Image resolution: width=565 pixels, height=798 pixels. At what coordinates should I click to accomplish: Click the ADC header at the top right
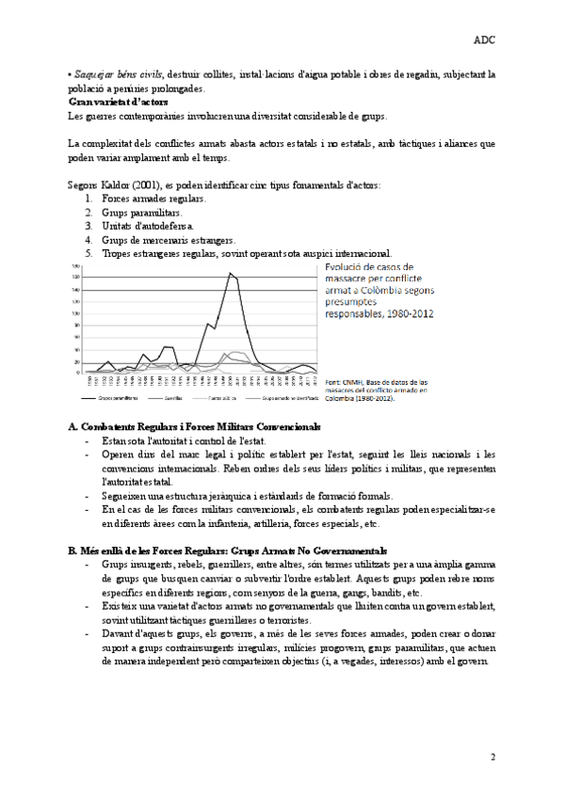(x=486, y=41)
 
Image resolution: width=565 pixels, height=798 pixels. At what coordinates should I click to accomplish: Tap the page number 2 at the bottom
(x=492, y=757)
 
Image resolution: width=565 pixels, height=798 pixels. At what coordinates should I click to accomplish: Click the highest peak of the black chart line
(x=231, y=273)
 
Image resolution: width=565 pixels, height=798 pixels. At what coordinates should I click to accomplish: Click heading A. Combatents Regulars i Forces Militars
(x=208, y=427)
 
